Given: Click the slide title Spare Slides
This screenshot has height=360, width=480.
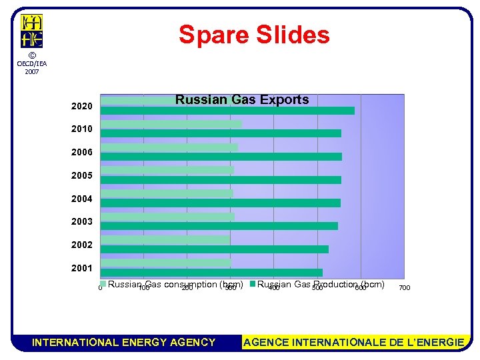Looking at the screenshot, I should click(x=254, y=35).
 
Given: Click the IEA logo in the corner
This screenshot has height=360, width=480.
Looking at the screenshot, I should click(x=31, y=31).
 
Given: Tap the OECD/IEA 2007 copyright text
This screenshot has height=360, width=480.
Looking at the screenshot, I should click(x=31, y=63).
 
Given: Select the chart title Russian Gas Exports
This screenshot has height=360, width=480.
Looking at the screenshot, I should click(x=242, y=100).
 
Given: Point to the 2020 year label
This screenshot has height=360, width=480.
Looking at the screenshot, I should click(x=82, y=107).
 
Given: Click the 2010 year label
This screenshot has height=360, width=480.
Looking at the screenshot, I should click(x=82, y=129).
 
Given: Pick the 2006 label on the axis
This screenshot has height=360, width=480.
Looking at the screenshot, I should click(x=82, y=153).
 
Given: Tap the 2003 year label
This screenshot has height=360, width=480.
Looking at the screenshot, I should click(x=82, y=221).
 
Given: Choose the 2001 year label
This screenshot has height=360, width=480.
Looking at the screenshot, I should click(x=82, y=268).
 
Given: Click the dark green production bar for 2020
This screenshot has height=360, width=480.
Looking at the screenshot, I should click(x=227, y=111).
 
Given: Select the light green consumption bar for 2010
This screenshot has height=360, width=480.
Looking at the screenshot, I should click(x=171, y=124).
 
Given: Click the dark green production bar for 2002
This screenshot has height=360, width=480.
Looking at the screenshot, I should click(x=213, y=249).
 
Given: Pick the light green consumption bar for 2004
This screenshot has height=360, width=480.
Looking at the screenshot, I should click(x=166, y=193).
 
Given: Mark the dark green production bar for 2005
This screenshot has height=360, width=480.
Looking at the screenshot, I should click(x=220, y=180).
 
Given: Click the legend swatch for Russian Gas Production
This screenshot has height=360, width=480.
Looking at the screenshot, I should click(x=253, y=285).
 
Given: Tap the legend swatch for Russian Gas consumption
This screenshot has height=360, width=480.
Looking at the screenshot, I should click(x=103, y=285).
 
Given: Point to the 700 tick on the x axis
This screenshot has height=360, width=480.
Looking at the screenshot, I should click(x=404, y=288).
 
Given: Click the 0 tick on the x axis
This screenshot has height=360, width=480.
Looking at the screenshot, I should click(x=100, y=288).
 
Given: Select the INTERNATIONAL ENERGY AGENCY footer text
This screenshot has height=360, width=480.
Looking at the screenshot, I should click(x=124, y=343).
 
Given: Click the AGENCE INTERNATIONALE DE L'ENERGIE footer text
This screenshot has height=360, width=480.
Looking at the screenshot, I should click(x=354, y=343).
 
